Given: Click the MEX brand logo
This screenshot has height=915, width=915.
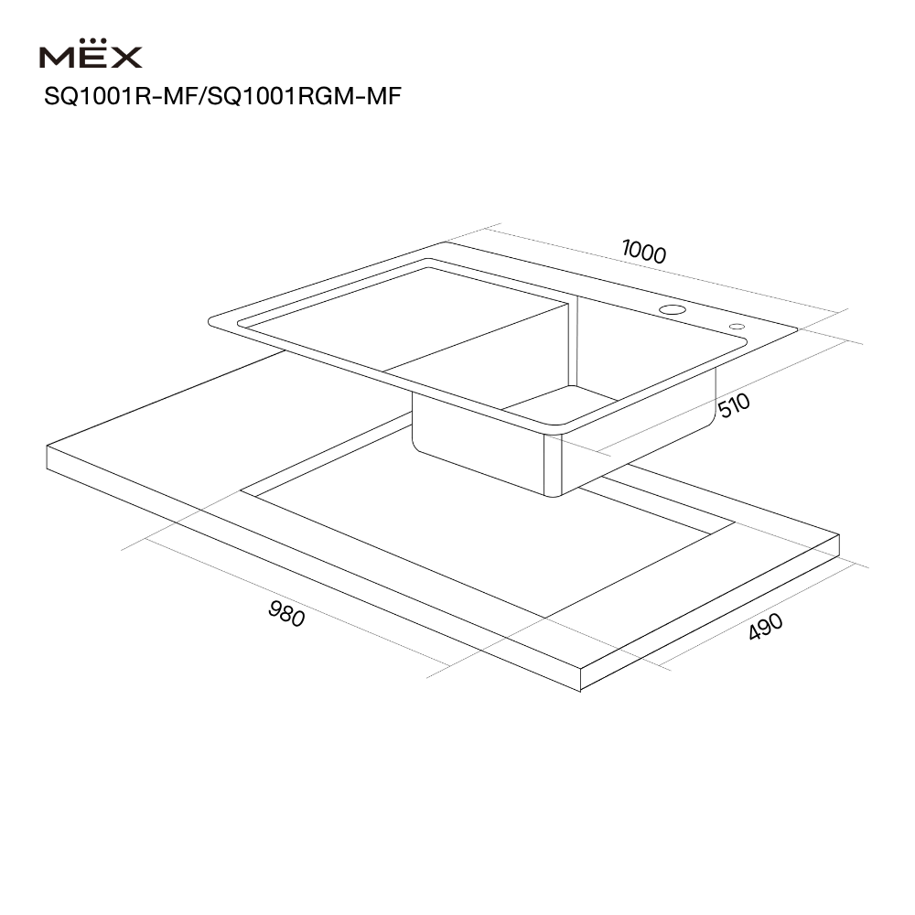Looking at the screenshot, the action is coord(91,54).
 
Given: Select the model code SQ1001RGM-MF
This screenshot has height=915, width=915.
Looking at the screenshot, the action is coord(304,96).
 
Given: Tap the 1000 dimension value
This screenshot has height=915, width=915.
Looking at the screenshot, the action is coord(643,252).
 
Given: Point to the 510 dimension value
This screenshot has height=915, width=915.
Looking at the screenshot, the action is coord(734,405).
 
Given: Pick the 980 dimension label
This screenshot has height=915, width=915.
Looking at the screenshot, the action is coord(286,614).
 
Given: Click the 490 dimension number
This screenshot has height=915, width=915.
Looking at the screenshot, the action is coord(766,626).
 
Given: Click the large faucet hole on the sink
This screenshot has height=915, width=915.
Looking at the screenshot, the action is coord(673,310).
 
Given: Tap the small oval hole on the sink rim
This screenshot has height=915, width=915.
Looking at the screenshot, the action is coord(737,327).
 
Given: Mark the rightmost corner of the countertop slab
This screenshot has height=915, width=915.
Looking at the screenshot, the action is coord(839,535).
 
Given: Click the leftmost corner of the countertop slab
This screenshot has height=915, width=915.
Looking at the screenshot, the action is coord(47,447).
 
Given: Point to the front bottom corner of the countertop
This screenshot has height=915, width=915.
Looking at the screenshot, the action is coord(581,691).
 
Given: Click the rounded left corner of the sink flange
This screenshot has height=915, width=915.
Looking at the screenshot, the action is coord(210,321).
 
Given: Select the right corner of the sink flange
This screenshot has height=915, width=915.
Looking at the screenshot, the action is coord(797,329).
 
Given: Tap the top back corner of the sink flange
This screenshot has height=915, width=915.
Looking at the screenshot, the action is coord(445,242).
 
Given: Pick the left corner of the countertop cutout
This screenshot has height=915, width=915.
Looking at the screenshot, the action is coord(241,490).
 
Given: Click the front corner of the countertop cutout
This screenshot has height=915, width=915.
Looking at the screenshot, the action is coord(545,618).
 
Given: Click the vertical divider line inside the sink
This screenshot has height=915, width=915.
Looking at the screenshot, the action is coord(573,343).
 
